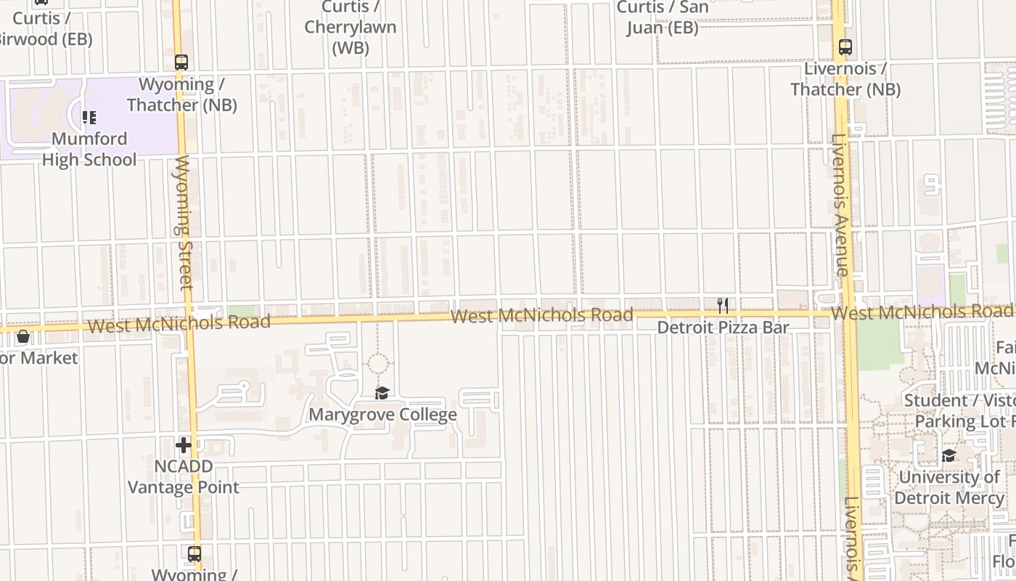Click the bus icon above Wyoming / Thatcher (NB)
click(181, 62)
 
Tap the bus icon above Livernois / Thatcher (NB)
click(845, 47)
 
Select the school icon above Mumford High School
click(89, 118)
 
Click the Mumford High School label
click(89, 149)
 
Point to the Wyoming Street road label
click(184, 222)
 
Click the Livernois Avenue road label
click(840, 206)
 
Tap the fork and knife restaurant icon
click(722, 306)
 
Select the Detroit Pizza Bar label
click(723, 328)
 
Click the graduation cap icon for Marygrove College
click(382, 394)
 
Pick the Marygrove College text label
click(382, 415)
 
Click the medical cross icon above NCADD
click(184, 445)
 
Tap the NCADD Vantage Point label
click(184, 476)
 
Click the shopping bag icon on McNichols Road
click(23, 336)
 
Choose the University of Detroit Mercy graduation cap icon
click(949, 456)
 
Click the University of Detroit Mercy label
click(949, 487)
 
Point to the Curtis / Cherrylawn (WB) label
click(351, 28)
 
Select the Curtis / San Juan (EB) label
click(661, 18)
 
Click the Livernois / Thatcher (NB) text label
click(845, 79)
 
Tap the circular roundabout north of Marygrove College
click(377, 364)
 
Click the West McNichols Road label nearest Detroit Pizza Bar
click(541, 316)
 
